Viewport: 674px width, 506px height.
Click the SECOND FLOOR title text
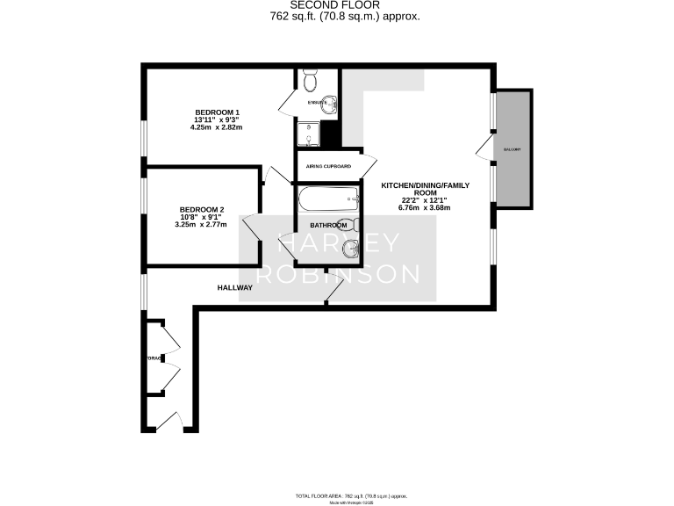point(337,4)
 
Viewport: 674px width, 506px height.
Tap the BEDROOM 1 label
point(216,112)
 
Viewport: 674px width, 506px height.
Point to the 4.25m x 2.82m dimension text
point(216,127)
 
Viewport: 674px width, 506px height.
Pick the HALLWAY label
point(235,287)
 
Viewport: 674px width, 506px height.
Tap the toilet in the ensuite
point(309,82)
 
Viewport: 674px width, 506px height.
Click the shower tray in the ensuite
point(308,133)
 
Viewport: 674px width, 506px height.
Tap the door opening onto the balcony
point(484,148)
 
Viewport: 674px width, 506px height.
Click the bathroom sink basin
point(349,249)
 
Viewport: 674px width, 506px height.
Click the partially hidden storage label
point(154,358)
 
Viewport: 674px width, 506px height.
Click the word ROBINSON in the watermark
point(337,273)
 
